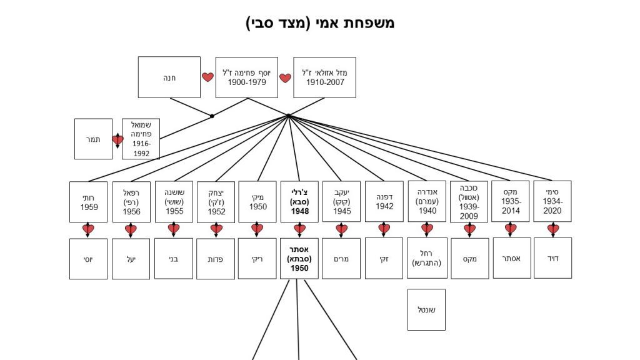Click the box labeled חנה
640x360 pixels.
[169, 77]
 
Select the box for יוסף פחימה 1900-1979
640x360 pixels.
[246, 77]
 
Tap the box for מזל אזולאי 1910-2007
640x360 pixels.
[324, 77]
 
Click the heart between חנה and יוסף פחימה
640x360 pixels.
[207, 77]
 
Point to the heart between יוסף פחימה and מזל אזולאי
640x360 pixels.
[285, 78]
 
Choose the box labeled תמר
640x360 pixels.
[93, 139]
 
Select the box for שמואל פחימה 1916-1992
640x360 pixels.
[141, 139]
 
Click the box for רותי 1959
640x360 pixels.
[88, 202]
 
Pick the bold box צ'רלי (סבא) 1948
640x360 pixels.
[299, 202]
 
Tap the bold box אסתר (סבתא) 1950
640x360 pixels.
[299, 259]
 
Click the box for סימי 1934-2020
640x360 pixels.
[552, 201]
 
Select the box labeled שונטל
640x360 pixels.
[426, 309]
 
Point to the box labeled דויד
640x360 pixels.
[552, 258]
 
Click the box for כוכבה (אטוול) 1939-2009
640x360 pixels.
[469, 202]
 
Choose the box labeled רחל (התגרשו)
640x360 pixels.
[427, 258]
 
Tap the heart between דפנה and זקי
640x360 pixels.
[384, 229]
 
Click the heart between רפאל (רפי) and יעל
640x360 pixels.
[131, 230]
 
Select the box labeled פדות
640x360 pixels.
[216, 259]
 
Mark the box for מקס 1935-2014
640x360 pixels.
[511, 201]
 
